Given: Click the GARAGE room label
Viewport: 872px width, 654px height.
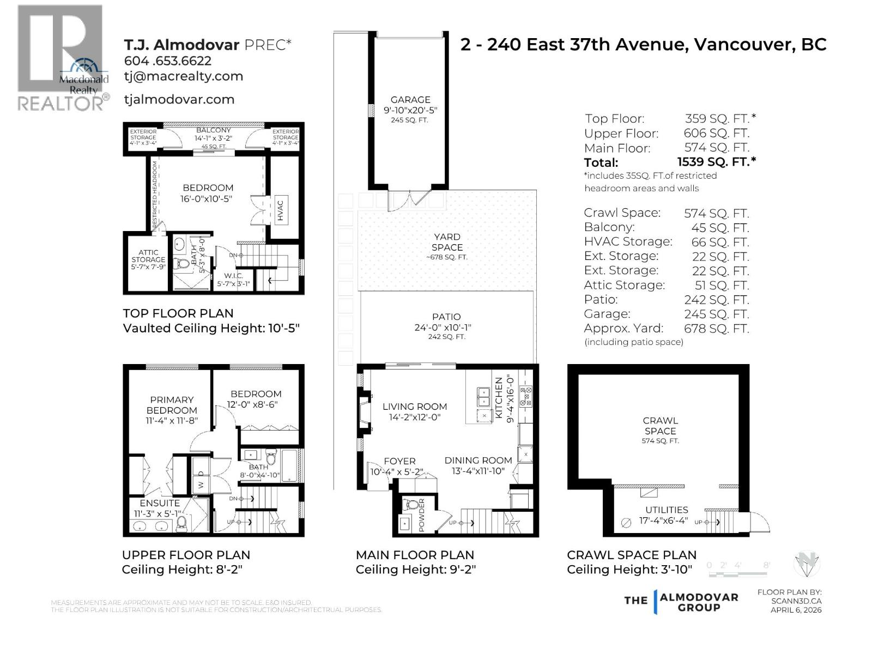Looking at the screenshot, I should (410, 100).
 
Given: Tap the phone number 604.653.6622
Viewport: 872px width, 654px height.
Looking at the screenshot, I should (167, 61).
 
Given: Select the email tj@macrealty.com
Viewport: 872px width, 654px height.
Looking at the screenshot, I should (183, 76).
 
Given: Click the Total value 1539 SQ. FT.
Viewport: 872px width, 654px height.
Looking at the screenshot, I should (716, 162).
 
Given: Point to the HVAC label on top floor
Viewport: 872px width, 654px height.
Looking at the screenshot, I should (280, 211).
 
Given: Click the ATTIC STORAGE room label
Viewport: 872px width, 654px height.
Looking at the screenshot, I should (148, 256).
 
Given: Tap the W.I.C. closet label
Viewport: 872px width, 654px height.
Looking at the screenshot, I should (233, 276).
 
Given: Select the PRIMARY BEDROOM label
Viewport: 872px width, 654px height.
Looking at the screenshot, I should (172, 405).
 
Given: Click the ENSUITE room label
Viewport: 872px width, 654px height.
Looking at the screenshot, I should (159, 503).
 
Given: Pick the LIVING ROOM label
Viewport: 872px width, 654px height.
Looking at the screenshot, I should (414, 407).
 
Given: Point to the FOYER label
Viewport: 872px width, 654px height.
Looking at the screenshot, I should (399, 461).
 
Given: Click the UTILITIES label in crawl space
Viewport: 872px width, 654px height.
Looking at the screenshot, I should (667, 510).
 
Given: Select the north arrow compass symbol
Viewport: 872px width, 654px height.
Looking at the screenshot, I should (807, 564).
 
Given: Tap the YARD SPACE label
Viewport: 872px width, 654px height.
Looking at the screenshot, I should (447, 242).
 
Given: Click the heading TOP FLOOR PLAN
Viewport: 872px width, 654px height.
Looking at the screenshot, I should (178, 313).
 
